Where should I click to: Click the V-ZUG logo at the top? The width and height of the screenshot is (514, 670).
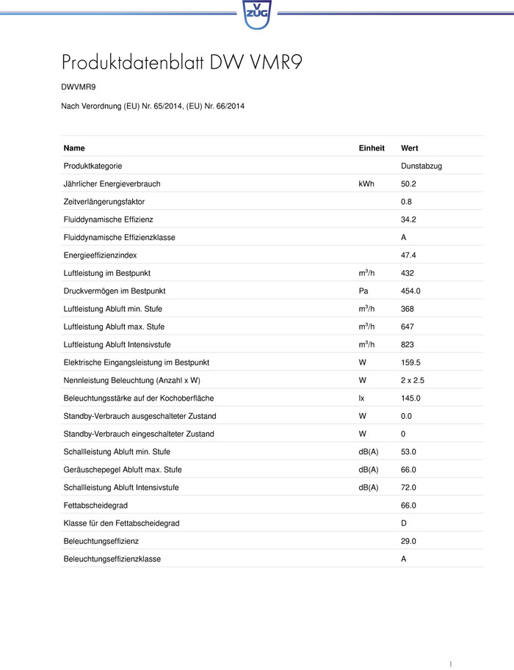point(257,14)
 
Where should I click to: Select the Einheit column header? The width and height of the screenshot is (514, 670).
point(372,148)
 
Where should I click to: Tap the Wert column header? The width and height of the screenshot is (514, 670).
point(409,148)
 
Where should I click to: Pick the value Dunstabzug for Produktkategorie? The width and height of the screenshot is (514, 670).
point(421,166)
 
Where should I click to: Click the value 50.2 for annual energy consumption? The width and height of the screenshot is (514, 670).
point(408,183)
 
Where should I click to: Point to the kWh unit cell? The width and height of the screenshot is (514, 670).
point(366,183)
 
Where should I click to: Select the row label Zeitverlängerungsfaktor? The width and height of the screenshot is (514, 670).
point(104,202)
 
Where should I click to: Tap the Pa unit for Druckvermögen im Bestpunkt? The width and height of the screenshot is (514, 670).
point(363,291)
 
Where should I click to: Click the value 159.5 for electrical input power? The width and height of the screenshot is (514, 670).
point(410,363)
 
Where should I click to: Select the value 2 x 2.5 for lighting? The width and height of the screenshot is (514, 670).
point(414,380)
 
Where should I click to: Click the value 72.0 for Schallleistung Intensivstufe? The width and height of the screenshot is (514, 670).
point(408,487)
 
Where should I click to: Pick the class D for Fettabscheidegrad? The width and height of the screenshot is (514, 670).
point(404,523)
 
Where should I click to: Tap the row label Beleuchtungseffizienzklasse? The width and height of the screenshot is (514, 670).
point(112,559)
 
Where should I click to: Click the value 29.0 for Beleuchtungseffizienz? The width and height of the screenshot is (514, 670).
point(408,541)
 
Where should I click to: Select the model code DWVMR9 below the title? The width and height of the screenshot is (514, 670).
point(79,87)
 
